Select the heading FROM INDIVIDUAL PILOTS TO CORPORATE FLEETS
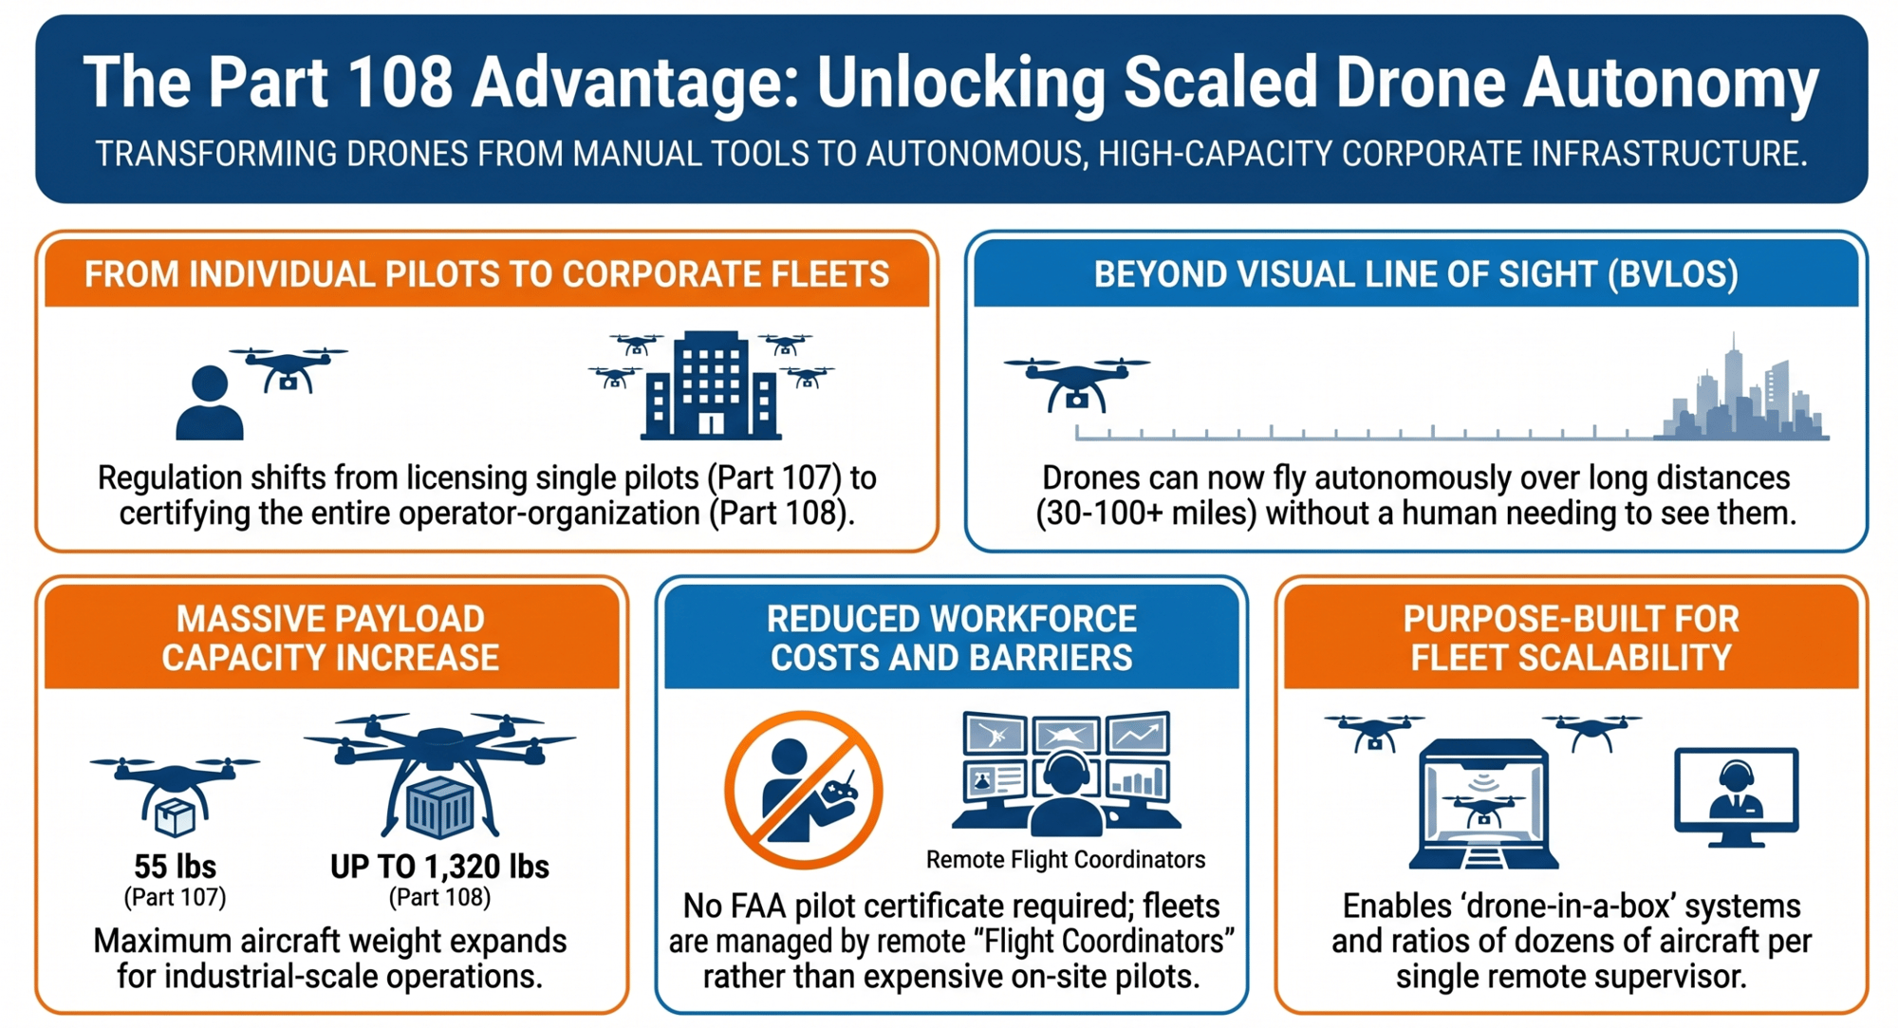click(487, 274)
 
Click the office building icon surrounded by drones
click(711, 384)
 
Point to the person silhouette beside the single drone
click(210, 403)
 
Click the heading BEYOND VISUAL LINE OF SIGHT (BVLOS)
click(1416, 274)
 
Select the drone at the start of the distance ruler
click(1077, 383)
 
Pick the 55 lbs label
click(175, 866)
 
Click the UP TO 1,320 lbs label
click(439, 866)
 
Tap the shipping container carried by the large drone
click(439, 809)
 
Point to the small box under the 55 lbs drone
click(176, 817)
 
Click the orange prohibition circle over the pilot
click(804, 790)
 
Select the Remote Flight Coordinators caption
click(1066, 859)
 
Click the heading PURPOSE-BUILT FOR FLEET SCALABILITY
click(1572, 638)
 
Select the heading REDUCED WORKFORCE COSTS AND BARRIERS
click(952, 638)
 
